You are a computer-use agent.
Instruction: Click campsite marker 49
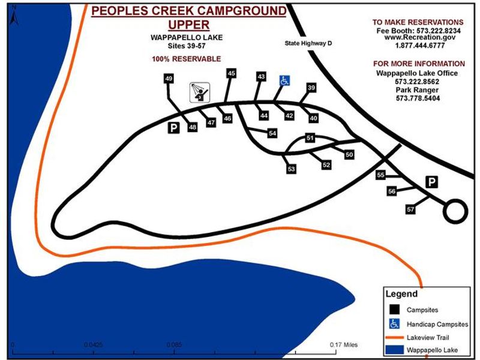point(169,79)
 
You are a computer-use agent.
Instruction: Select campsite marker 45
point(232,73)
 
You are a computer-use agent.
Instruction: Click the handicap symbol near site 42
point(285,80)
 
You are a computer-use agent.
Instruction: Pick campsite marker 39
point(311,88)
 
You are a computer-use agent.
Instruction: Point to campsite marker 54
point(272,133)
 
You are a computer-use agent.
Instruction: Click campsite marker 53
point(292,169)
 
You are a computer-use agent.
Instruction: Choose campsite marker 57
point(410,209)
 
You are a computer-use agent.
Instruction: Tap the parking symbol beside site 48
point(173,127)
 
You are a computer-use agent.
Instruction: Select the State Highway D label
point(308,44)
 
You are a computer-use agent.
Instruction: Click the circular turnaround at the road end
point(455,211)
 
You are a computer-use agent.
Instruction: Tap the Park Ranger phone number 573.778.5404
point(418,98)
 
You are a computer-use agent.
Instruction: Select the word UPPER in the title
point(188,25)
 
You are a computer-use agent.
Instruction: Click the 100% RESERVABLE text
point(187,59)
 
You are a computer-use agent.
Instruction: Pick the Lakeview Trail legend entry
point(428,337)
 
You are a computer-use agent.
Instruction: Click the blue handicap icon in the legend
point(394,323)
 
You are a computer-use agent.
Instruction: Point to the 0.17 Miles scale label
point(343,345)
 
